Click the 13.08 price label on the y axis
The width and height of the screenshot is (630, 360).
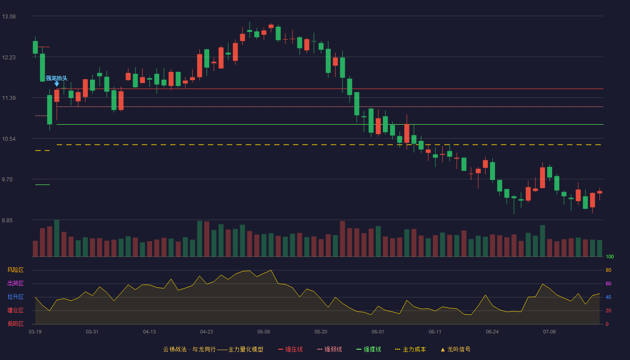tap(9, 17)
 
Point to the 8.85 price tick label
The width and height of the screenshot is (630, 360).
tap(7, 220)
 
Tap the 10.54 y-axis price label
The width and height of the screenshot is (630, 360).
tap(9, 139)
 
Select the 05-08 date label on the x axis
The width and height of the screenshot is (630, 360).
tap(264, 332)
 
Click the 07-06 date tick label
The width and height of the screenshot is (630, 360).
tap(549, 332)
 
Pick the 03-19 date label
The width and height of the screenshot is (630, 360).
tap(35, 332)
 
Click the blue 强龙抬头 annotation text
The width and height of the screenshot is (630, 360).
tap(57, 78)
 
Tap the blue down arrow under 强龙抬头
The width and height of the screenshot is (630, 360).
tap(57, 84)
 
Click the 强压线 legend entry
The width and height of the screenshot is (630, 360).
tap(290, 349)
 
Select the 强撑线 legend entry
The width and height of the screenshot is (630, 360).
tap(369, 349)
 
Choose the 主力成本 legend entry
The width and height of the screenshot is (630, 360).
tap(410, 349)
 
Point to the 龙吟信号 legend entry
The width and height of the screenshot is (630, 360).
tap(455, 349)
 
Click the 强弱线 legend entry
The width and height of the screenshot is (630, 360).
tap(329, 349)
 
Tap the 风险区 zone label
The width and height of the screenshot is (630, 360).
tap(15, 270)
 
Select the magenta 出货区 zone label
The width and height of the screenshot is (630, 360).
tap(15, 283)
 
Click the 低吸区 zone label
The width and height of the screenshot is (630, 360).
tap(15, 324)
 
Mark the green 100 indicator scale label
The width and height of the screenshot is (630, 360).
tap(610, 256)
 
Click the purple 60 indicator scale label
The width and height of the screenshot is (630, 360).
tap(608, 283)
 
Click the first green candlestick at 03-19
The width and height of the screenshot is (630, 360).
tap(35, 47)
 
